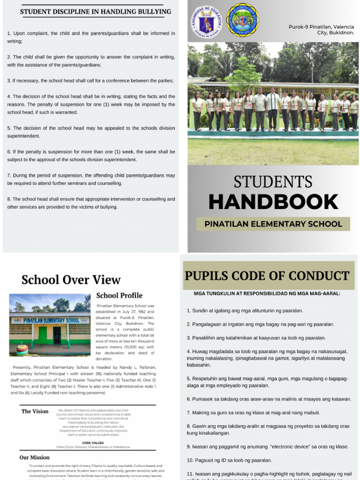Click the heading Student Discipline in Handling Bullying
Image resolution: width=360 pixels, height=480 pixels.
click(96, 12)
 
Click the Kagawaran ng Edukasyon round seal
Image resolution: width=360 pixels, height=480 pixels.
click(207, 21)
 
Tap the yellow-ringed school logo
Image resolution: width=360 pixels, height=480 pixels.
click(242, 20)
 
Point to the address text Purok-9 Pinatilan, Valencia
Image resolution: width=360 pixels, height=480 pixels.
click(321, 27)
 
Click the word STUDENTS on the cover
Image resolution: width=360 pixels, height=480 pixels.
click(273, 182)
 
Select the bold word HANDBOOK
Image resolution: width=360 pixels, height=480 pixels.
click(273, 202)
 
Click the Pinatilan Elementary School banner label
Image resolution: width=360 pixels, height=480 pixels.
click(273, 224)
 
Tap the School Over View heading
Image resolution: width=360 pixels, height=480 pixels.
click(71, 280)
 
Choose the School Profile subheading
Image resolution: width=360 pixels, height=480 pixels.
click(119, 295)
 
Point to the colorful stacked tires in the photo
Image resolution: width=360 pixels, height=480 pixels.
click(22, 349)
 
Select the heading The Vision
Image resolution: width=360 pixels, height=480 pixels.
click(35, 411)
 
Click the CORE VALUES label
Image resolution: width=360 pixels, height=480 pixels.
click(92, 442)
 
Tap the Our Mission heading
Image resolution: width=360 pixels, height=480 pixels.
click(34, 457)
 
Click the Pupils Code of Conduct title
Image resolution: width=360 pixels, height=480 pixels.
click(267, 276)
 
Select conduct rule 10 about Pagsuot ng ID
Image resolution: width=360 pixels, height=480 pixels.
click(229, 460)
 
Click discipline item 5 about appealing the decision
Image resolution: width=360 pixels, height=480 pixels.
click(91, 132)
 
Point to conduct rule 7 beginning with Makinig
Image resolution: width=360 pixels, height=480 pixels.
click(253, 412)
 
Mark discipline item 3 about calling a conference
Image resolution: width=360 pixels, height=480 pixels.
click(90, 81)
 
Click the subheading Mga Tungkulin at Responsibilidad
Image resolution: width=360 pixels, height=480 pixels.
click(267, 294)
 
